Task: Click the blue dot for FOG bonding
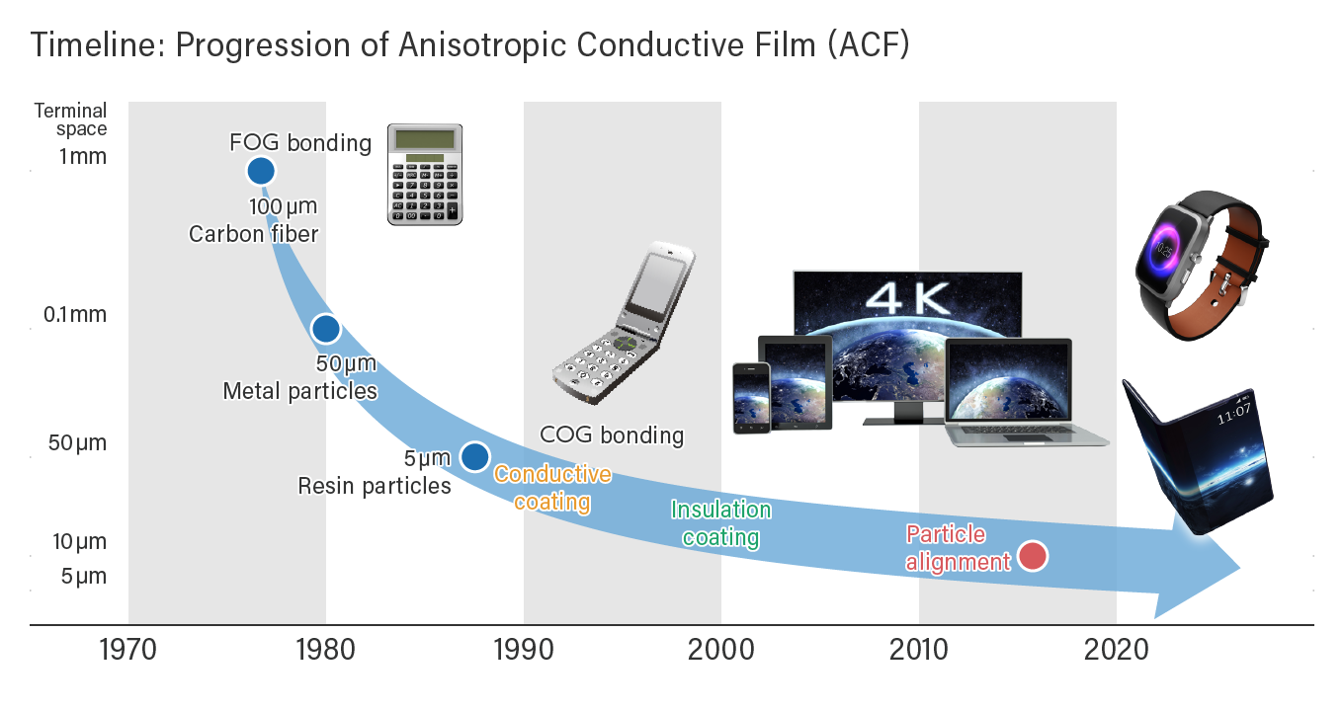coord(261,171)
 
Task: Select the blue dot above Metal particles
coord(326,329)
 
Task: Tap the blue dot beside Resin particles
coord(475,457)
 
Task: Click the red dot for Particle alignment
coord(1034,556)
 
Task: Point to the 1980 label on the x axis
coord(326,650)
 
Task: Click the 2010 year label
coord(919,650)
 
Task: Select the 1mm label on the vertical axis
coord(83,156)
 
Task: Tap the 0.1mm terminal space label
coord(75,314)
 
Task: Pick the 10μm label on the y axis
coord(80,541)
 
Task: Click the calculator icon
coord(425,175)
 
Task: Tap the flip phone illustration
coord(624,323)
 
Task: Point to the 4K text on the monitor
coord(908,298)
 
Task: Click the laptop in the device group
coord(1026,393)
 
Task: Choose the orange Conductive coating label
coord(552,488)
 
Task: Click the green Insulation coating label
coord(721,523)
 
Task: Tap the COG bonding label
coord(612,435)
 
